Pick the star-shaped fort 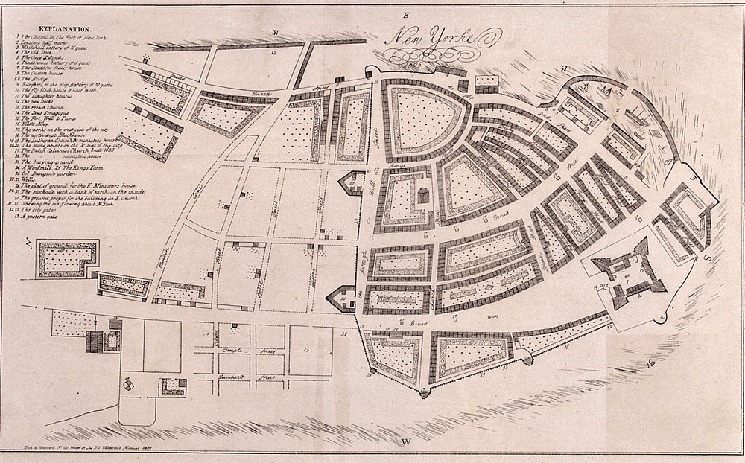click(x=630, y=273)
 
